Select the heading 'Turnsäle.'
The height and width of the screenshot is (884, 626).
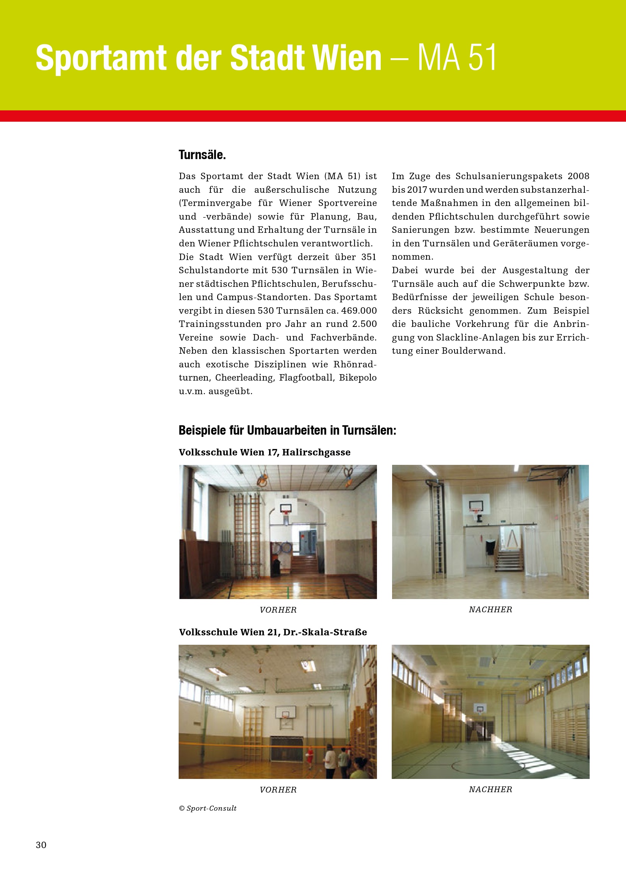coord(202,155)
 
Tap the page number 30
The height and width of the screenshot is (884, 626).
coord(41,845)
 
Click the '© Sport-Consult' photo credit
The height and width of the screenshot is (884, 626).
coord(207,808)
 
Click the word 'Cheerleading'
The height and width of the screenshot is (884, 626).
coord(244,377)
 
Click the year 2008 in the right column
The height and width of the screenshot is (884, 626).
coord(578,176)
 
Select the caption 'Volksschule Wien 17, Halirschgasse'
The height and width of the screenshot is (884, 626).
coord(265,452)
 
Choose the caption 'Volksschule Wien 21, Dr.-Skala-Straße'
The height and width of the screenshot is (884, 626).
coord(273,632)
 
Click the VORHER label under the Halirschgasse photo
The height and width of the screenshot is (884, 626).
coord(278,610)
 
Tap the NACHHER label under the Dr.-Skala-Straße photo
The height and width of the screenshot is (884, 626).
coord(490,789)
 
